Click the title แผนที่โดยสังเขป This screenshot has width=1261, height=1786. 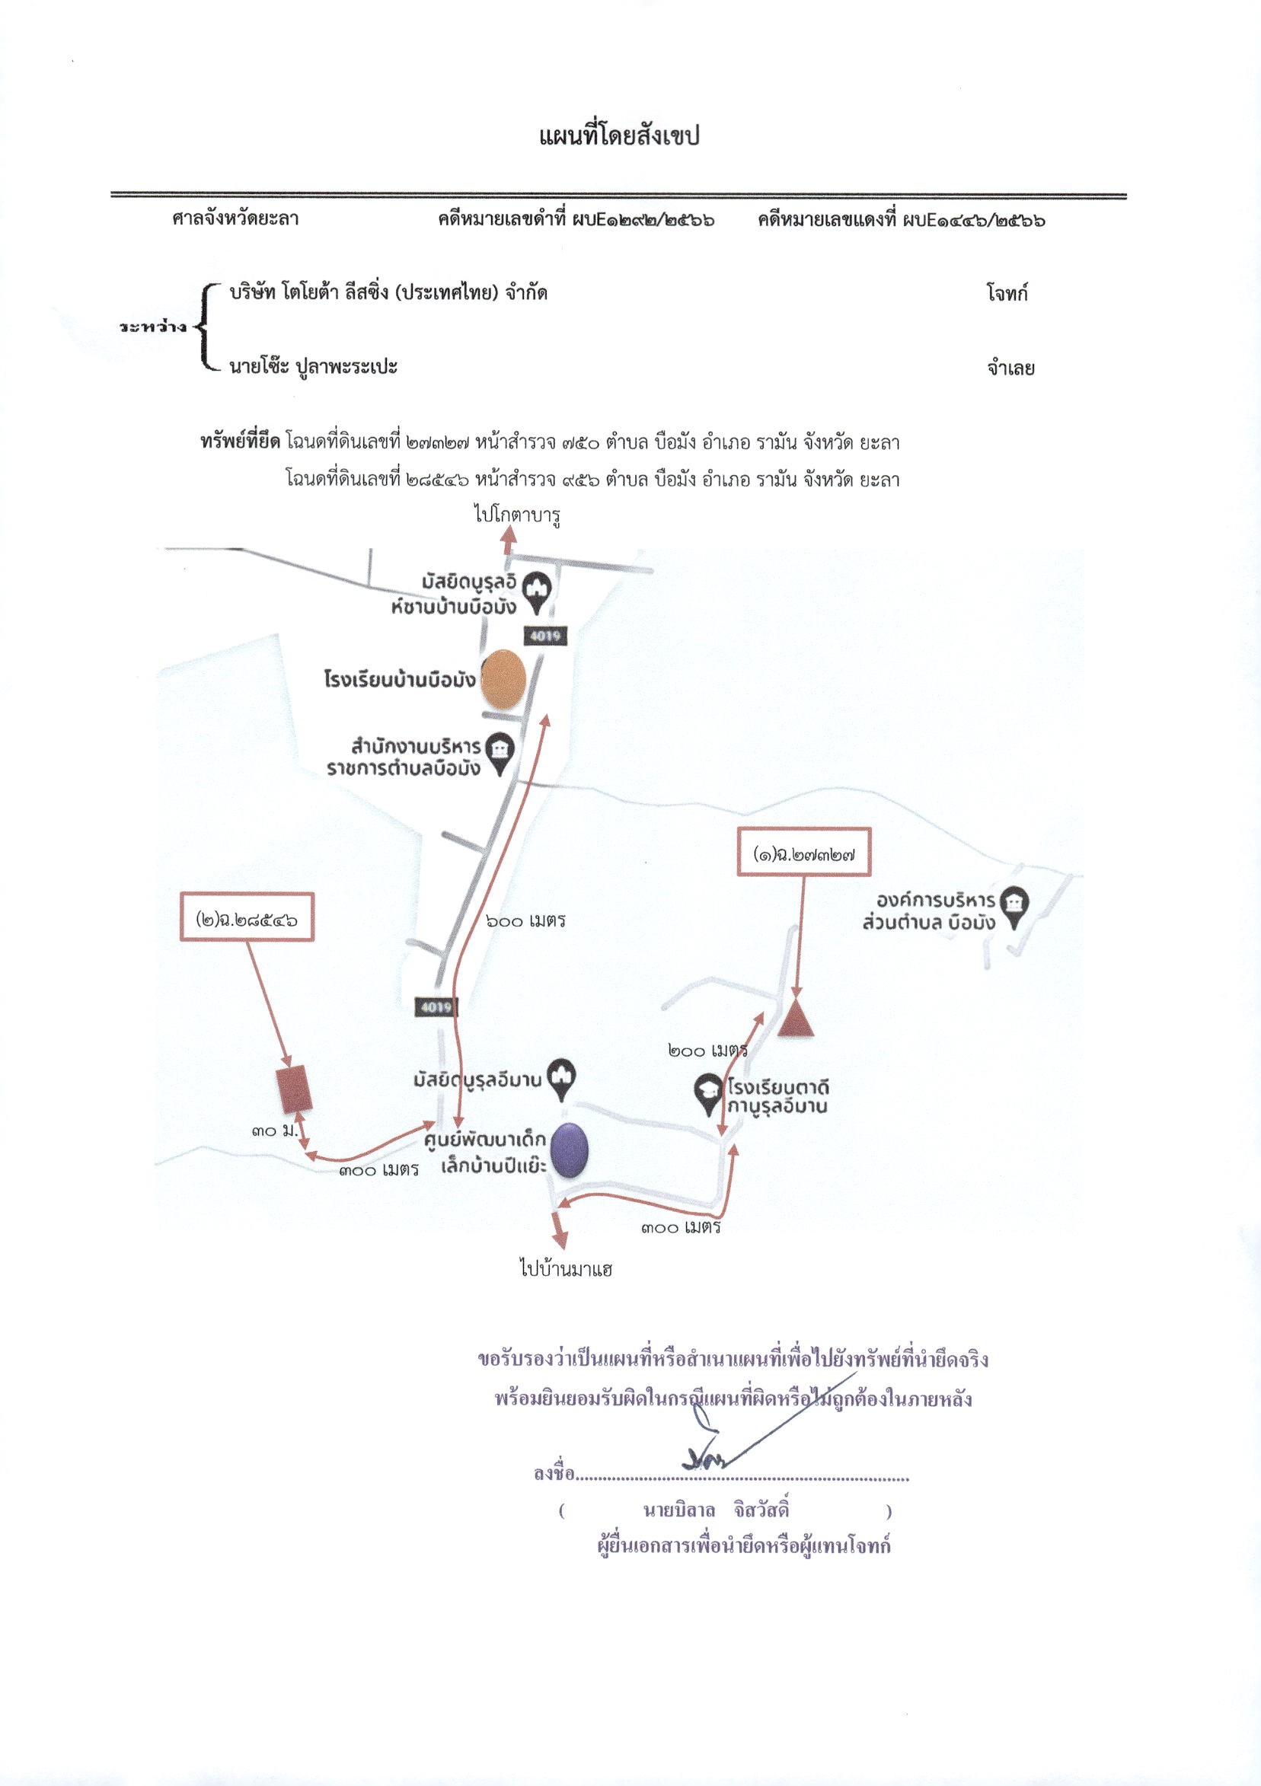point(619,137)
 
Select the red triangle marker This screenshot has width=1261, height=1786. point(797,1019)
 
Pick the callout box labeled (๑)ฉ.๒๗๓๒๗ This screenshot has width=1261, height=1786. point(802,855)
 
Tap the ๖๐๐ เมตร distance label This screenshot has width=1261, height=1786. point(525,921)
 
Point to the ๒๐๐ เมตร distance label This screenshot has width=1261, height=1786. point(708,1051)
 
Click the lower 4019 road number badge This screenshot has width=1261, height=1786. point(435,1007)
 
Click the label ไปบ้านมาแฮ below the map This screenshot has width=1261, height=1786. point(567,1271)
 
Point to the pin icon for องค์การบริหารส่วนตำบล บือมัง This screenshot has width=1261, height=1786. point(1013,907)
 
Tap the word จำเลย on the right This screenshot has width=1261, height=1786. point(1010,368)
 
